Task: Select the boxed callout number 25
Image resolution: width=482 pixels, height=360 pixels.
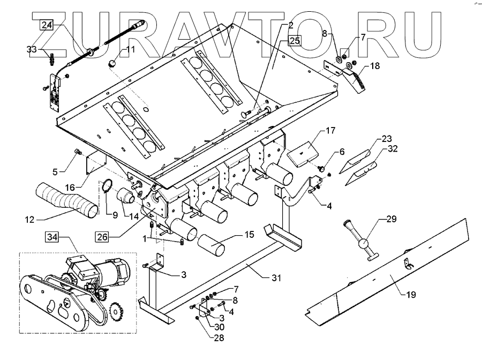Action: [x=295, y=41]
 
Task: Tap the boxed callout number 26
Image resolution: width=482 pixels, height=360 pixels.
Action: [x=104, y=235]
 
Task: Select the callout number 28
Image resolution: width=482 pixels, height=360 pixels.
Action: [x=205, y=337]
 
